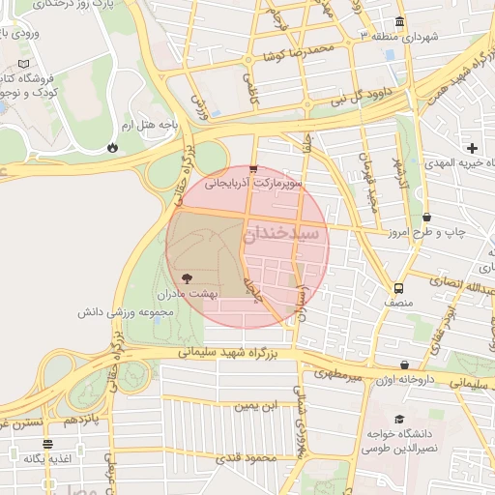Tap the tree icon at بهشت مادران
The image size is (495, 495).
click(x=187, y=277)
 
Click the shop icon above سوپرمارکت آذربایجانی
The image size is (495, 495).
click(x=253, y=168)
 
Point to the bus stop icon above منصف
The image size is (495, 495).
click(x=398, y=288)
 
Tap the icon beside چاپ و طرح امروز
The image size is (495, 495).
click(x=427, y=218)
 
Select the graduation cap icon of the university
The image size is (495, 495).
click(x=399, y=419)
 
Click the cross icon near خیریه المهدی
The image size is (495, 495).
click(x=472, y=148)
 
